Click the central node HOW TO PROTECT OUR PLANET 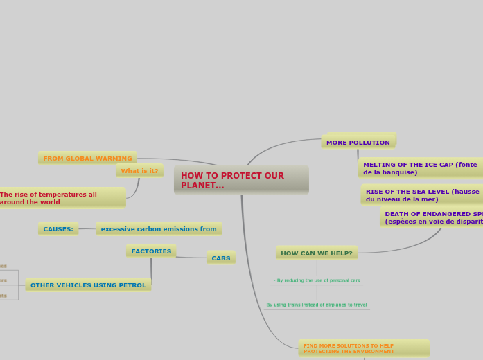tap(240, 180)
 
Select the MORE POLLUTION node tap(358, 143)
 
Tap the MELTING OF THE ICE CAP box tap(420, 168)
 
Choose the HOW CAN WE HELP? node tap(317, 253)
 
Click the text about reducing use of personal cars tap(317, 280)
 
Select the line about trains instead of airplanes tap(317, 305)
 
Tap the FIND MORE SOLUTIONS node tap(363, 348)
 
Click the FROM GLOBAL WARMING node tap(87, 159)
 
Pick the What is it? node tap(139, 171)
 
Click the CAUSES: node tap(58, 229)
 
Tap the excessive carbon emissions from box tap(159, 229)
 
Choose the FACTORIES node tap(151, 251)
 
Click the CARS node tap(221, 258)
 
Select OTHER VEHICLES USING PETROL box tap(88, 285)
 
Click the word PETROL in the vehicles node tap(132, 285)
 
